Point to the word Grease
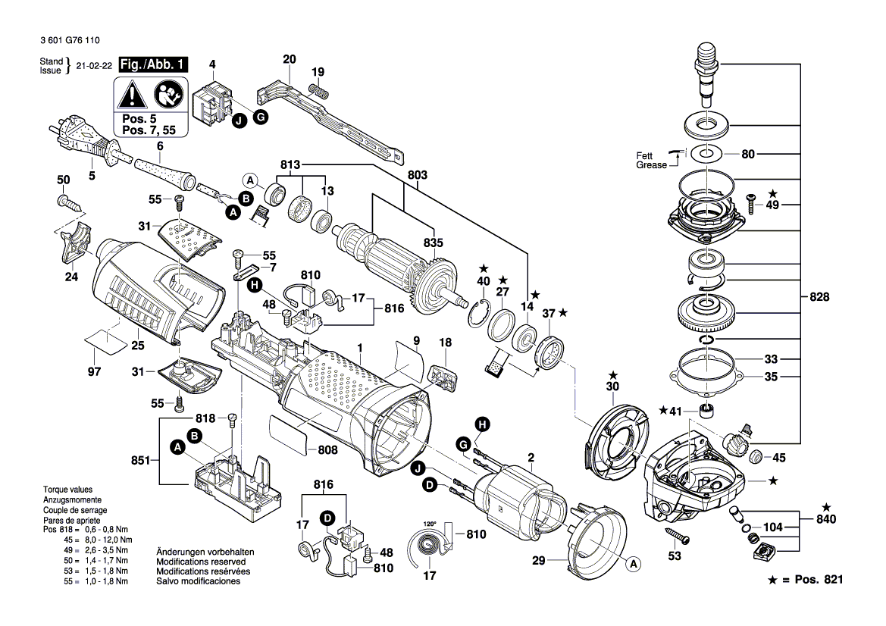pos(651,164)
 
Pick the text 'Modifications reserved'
pos(203,562)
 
